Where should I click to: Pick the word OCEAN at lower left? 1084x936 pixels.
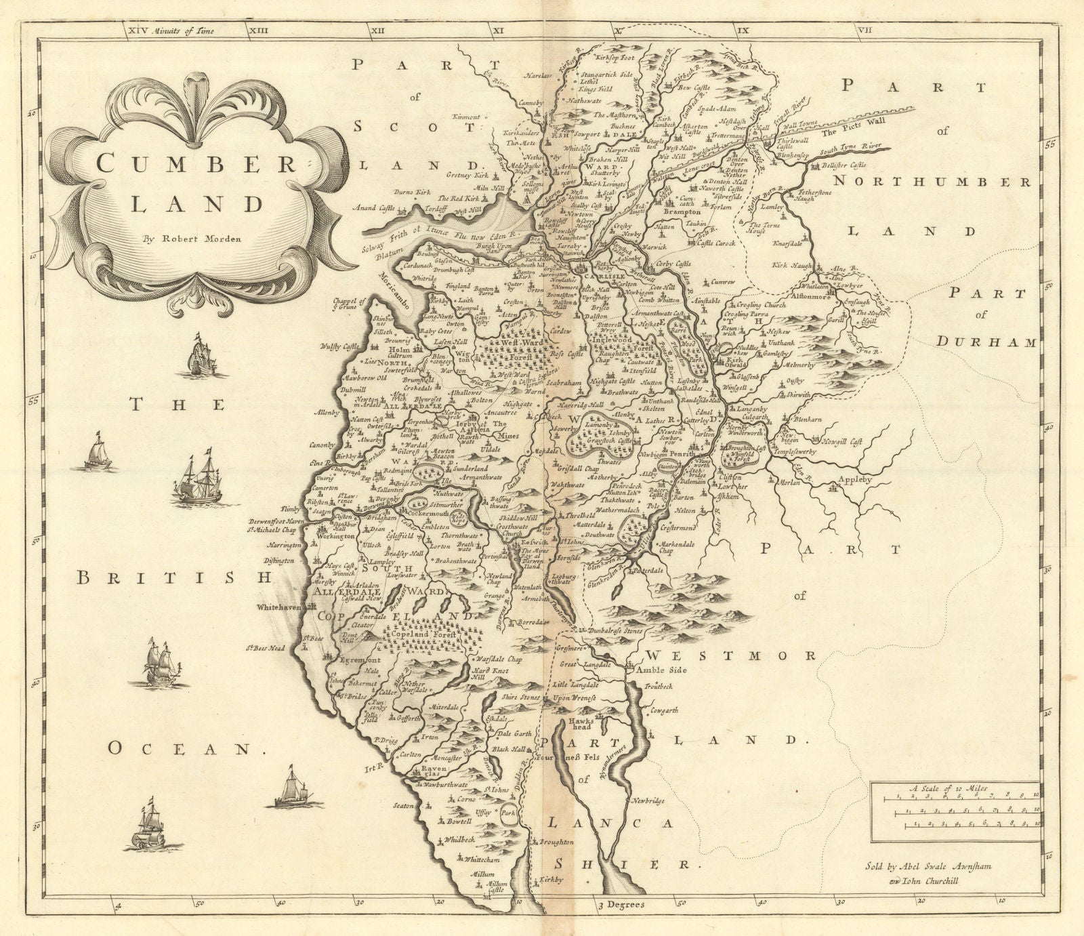[x=185, y=748]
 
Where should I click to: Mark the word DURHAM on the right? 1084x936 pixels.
[x=986, y=342]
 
